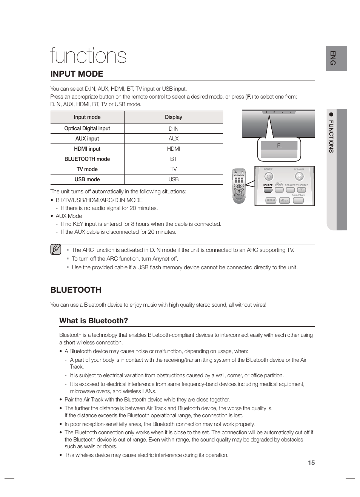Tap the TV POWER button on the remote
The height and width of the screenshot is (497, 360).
coord(299,176)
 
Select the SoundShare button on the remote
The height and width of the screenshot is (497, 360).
coord(298,200)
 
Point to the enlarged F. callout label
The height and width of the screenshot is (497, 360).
coord(279,146)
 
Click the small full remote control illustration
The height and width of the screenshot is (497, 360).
coord(238,186)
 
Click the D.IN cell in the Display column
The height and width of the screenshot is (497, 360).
coord(174,129)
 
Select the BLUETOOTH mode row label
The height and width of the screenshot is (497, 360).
coord(87,159)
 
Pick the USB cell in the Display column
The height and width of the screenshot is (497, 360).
coord(174,179)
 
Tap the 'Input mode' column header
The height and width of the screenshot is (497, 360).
coord(87,117)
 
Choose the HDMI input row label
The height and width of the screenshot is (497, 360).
coord(87,149)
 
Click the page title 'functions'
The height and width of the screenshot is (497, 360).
coord(88,56)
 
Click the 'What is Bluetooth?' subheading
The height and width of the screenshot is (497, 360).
coord(94,321)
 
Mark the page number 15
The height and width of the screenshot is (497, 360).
coord(311,463)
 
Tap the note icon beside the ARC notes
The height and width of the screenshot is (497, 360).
coord(55,250)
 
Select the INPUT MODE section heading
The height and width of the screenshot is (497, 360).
coord(77,74)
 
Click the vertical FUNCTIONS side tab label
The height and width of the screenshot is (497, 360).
coord(331,136)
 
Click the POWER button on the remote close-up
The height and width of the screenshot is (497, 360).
coord(268,176)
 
